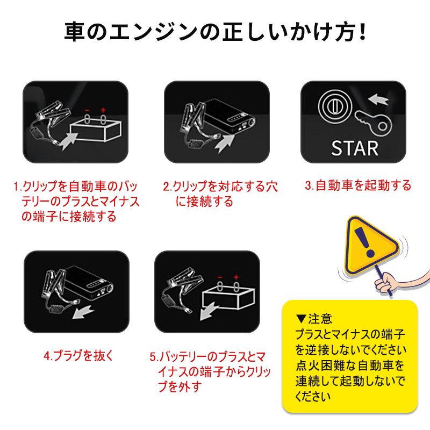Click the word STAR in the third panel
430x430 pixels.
pos(355,148)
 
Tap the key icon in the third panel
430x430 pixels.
pos(374,123)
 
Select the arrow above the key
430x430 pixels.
pos(378,99)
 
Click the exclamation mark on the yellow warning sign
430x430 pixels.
pos(364,242)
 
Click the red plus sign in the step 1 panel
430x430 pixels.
pos(103,110)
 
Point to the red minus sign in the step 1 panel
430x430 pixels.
pos(87,110)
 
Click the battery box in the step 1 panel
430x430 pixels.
pos(96,131)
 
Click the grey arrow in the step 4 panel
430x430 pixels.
pos(83,312)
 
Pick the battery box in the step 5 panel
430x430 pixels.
pos(228,298)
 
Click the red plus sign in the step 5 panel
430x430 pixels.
pos(236,277)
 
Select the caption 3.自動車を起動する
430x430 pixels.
pos(358,185)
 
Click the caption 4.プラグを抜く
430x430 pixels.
pos(78,356)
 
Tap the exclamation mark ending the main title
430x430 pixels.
pos(362,32)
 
